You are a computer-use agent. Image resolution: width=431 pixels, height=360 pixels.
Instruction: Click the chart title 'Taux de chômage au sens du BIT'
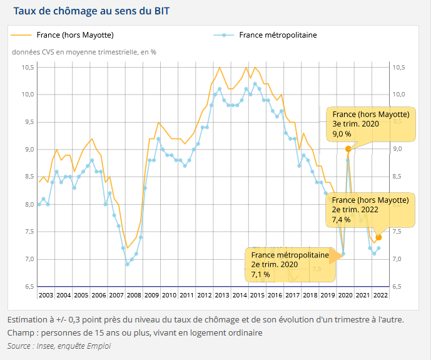(x=91, y=11)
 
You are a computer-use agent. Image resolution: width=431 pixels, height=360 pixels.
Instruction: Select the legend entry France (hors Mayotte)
(x=75, y=35)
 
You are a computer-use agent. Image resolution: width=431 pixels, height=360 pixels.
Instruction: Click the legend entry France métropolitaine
(x=278, y=35)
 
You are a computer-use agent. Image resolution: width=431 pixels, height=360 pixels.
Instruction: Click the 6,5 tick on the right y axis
(x=398, y=287)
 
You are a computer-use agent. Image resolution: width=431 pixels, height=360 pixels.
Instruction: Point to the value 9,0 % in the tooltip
(x=342, y=134)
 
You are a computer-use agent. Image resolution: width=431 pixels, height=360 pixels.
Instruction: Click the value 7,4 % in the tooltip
(x=342, y=220)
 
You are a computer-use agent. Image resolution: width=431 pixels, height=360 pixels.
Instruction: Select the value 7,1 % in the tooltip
(x=260, y=274)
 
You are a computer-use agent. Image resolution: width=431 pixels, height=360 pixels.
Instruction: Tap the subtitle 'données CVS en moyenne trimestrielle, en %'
(x=84, y=52)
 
